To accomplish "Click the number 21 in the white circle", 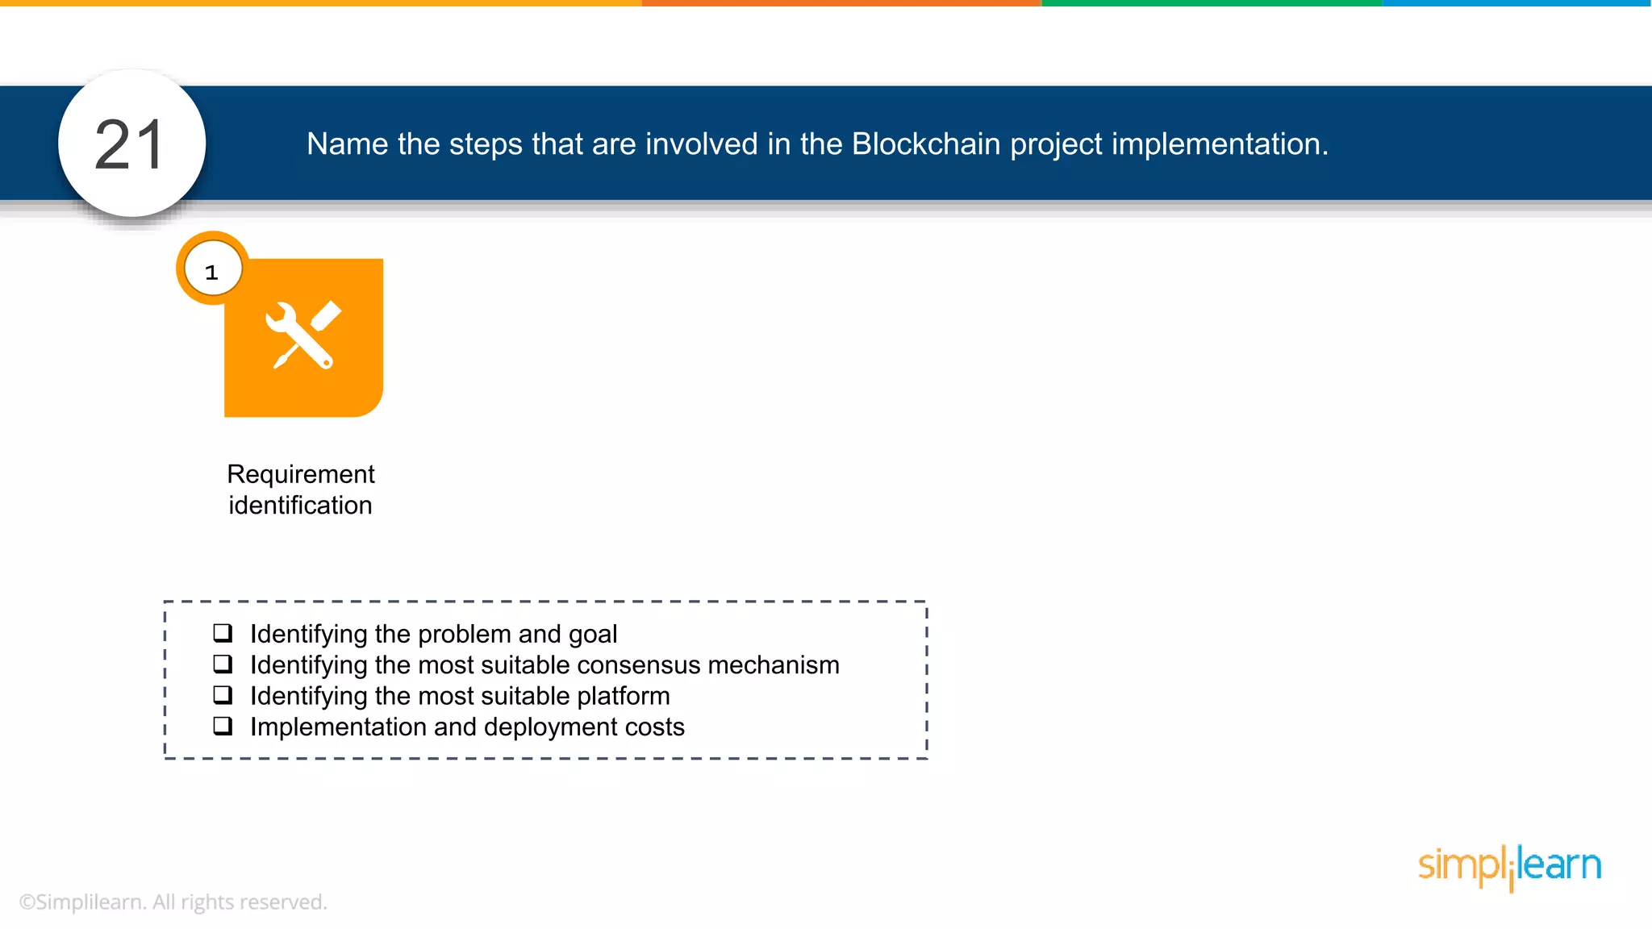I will click(131, 145).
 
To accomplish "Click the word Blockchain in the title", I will click(926, 144).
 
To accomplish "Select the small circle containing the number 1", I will click(212, 270).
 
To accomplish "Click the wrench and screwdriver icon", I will click(302, 335).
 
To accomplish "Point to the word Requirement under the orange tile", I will click(300, 474).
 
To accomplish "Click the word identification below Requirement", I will click(300, 506).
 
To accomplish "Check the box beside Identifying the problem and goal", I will click(223, 633).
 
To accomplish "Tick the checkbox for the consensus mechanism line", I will click(223, 664).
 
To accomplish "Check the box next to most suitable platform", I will click(223, 695).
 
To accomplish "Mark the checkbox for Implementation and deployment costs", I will click(223, 726).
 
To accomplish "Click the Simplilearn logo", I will click(1509, 866).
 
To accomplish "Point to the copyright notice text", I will click(173, 902).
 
